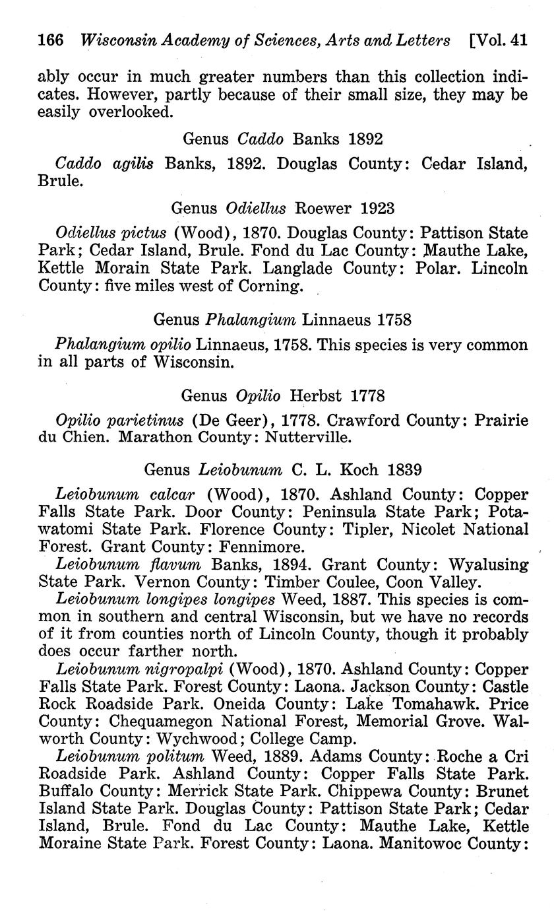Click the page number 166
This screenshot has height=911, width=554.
click(x=51, y=40)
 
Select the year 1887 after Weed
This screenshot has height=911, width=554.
click(x=342, y=599)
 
